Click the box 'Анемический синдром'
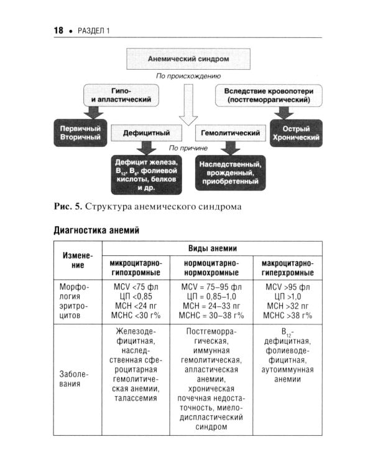coord(188,59)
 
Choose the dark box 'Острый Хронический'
coord(295,133)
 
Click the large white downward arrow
coord(187,113)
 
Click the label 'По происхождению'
coord(187,77)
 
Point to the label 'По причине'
coord(187,148)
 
